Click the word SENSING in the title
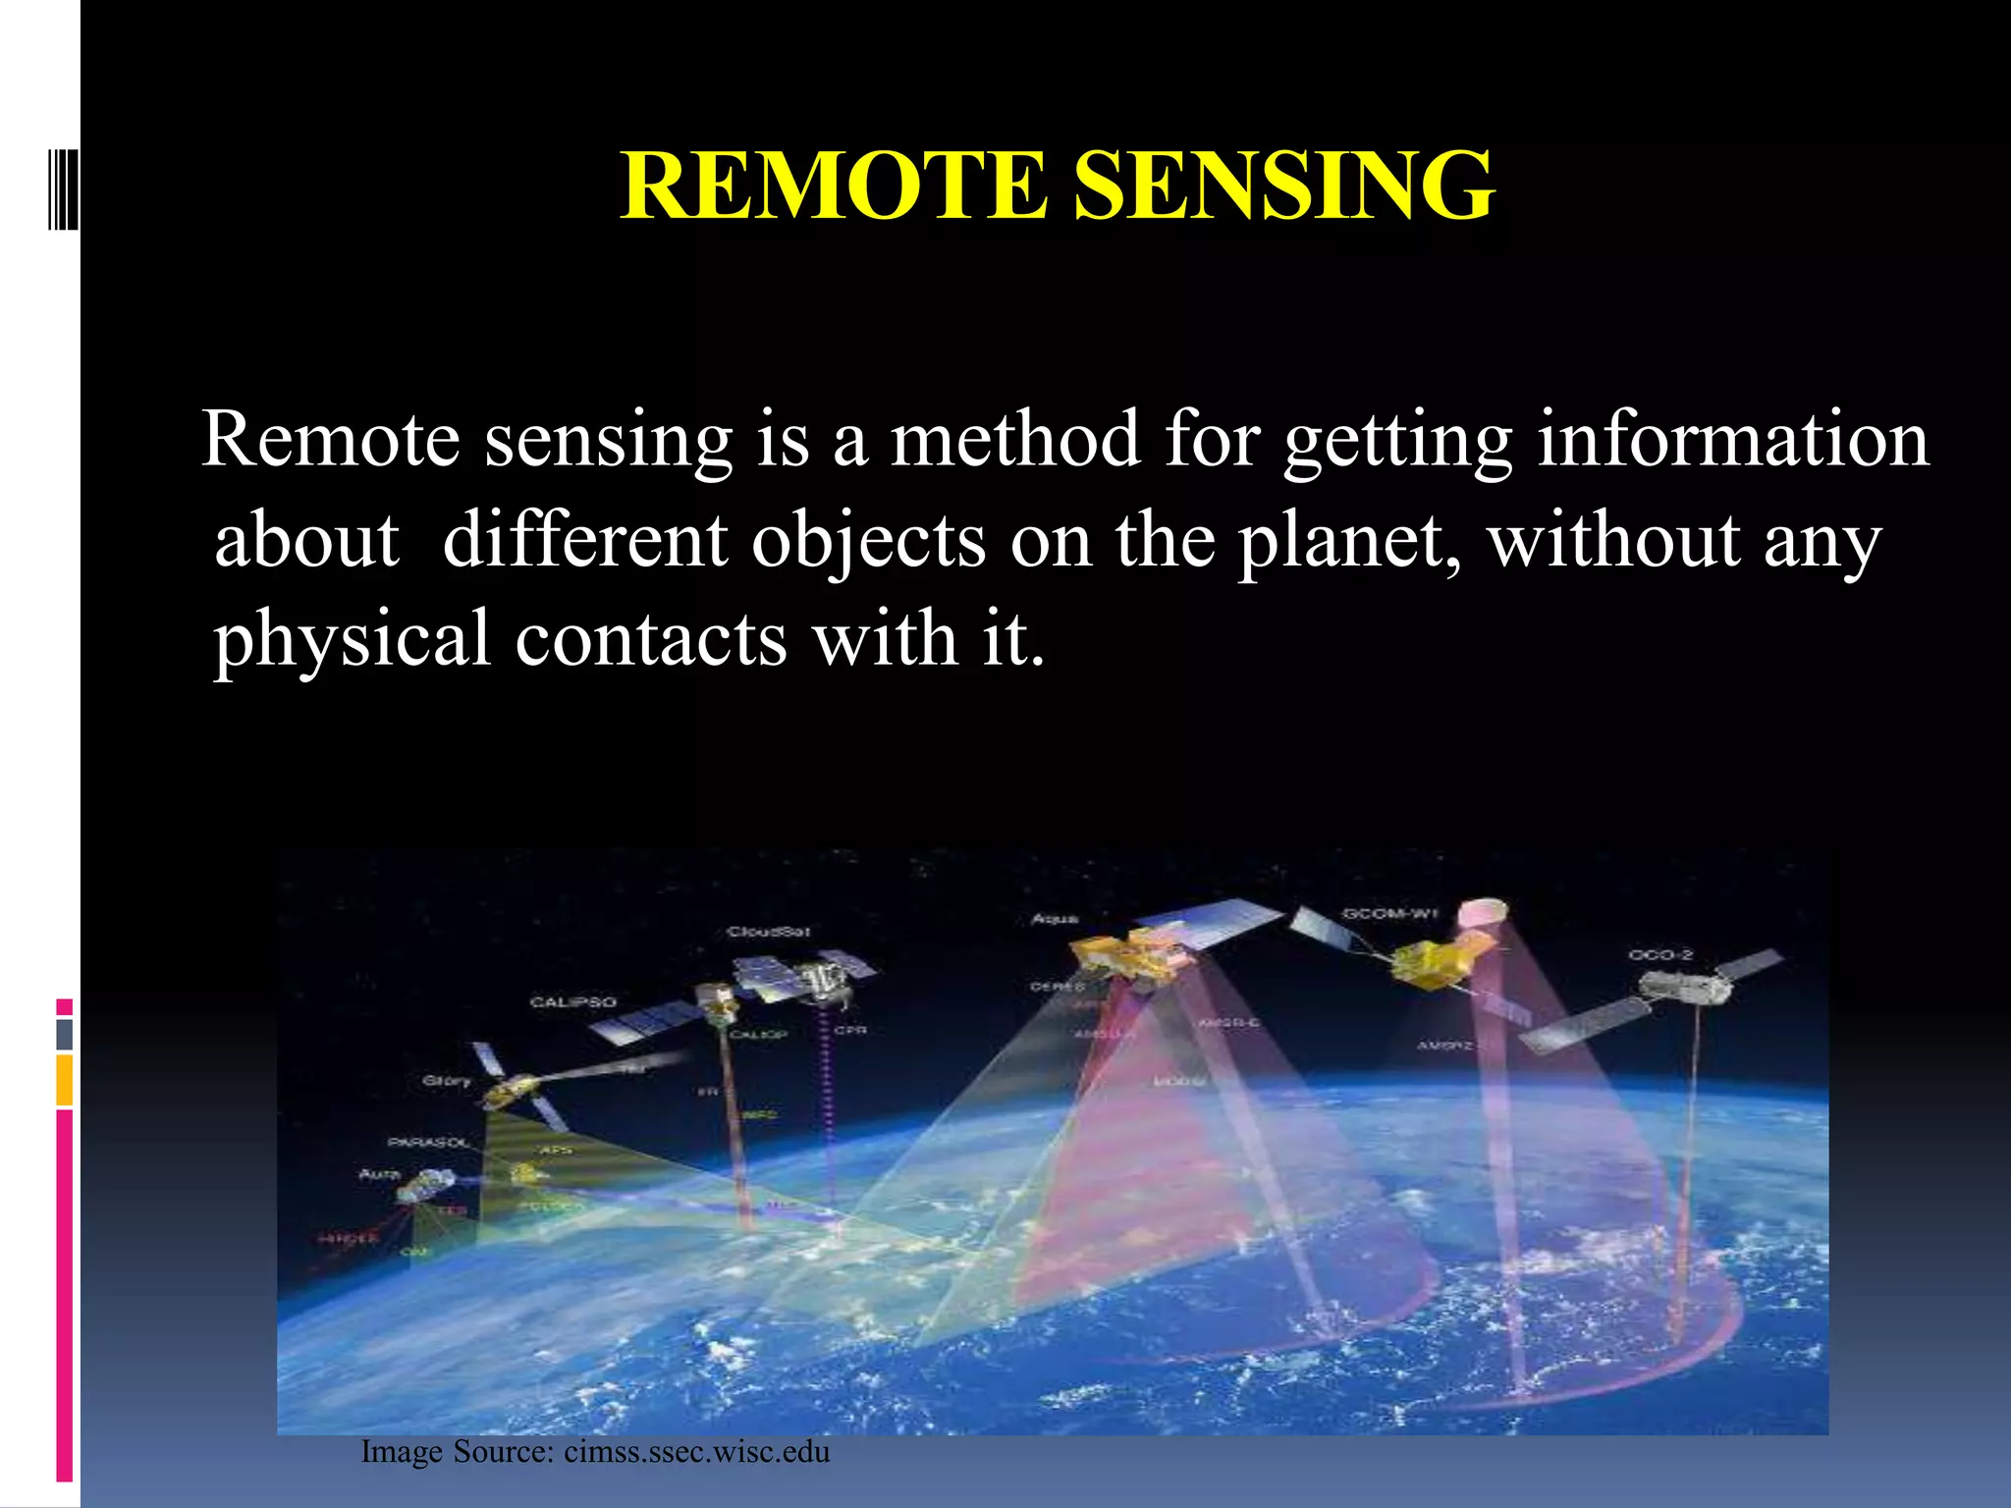(1283, 186)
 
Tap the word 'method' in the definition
(1015, 439)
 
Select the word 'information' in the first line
(1732, 439)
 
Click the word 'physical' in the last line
(352, 640)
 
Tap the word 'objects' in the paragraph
(868, 542)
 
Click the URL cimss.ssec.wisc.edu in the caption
(696, 1451)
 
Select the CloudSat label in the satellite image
(769, 931)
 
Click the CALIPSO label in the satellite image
(572, 1001)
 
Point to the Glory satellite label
(446, 1080)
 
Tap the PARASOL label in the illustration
(428, 1143)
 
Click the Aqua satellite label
(1055, 919)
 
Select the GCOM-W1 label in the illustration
(1389, 914)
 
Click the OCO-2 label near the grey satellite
(1659, 954)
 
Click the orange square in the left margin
(64, 1080)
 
